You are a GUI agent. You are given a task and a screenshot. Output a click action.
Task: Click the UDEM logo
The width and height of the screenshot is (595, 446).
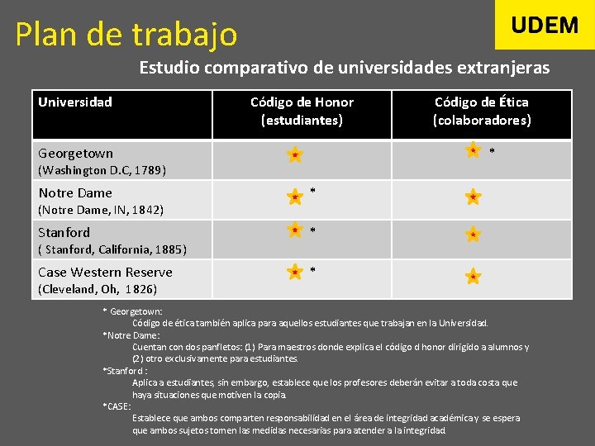545,25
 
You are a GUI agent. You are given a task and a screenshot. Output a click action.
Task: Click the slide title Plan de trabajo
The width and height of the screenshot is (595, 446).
126,35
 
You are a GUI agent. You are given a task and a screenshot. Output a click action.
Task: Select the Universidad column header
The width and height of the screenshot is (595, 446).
75,102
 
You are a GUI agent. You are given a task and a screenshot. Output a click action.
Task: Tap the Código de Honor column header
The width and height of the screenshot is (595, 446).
302,111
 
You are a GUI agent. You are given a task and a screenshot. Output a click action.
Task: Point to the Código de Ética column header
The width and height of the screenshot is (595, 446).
482,111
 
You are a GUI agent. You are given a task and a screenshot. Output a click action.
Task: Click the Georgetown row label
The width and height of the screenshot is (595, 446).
76,153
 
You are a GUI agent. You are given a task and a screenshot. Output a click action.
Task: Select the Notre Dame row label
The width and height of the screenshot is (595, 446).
75,192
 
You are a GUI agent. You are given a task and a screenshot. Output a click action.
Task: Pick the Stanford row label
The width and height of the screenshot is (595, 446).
64,232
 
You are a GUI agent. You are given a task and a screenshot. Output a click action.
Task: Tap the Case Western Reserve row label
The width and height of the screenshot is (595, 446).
105,272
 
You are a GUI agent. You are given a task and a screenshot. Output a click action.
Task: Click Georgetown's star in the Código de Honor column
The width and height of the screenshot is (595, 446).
294,154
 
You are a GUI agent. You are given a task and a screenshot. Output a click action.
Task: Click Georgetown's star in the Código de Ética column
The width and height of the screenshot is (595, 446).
473,150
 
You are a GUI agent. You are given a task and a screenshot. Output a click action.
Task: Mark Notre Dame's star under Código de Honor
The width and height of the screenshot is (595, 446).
294,197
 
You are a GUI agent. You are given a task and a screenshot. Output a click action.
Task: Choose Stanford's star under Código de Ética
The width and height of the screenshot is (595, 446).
473,235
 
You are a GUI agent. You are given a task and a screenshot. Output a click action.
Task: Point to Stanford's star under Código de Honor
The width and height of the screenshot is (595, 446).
294,230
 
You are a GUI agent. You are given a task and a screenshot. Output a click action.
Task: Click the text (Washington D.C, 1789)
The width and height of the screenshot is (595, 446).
102,171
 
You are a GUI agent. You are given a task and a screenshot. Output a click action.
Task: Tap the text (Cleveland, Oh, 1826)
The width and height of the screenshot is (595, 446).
98,290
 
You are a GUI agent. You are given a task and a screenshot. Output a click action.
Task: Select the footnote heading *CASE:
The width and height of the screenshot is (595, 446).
117,406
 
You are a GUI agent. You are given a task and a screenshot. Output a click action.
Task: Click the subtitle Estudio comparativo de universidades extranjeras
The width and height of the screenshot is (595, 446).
344,68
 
